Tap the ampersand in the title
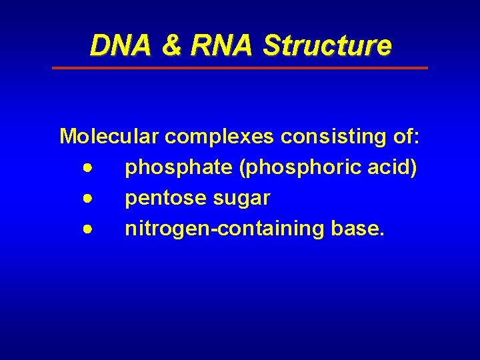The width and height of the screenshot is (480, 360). pyautogui.click(x=171, y=46)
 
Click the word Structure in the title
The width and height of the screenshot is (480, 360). pyautogui.click(x=327, y=46)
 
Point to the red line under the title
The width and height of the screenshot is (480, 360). pyautogui.click(x=240, y=68)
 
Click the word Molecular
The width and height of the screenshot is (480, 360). pyautogui.click(x=109, y=137)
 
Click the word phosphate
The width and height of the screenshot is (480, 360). pyautogui.click(x=178, y=168)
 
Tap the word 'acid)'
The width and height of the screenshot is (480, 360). pyautogui.click(x=394, y=167)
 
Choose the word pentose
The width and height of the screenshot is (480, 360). pyautogui.click(x=165, y=199)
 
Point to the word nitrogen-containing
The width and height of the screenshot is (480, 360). pyautogui.click(x=224, y=229)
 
